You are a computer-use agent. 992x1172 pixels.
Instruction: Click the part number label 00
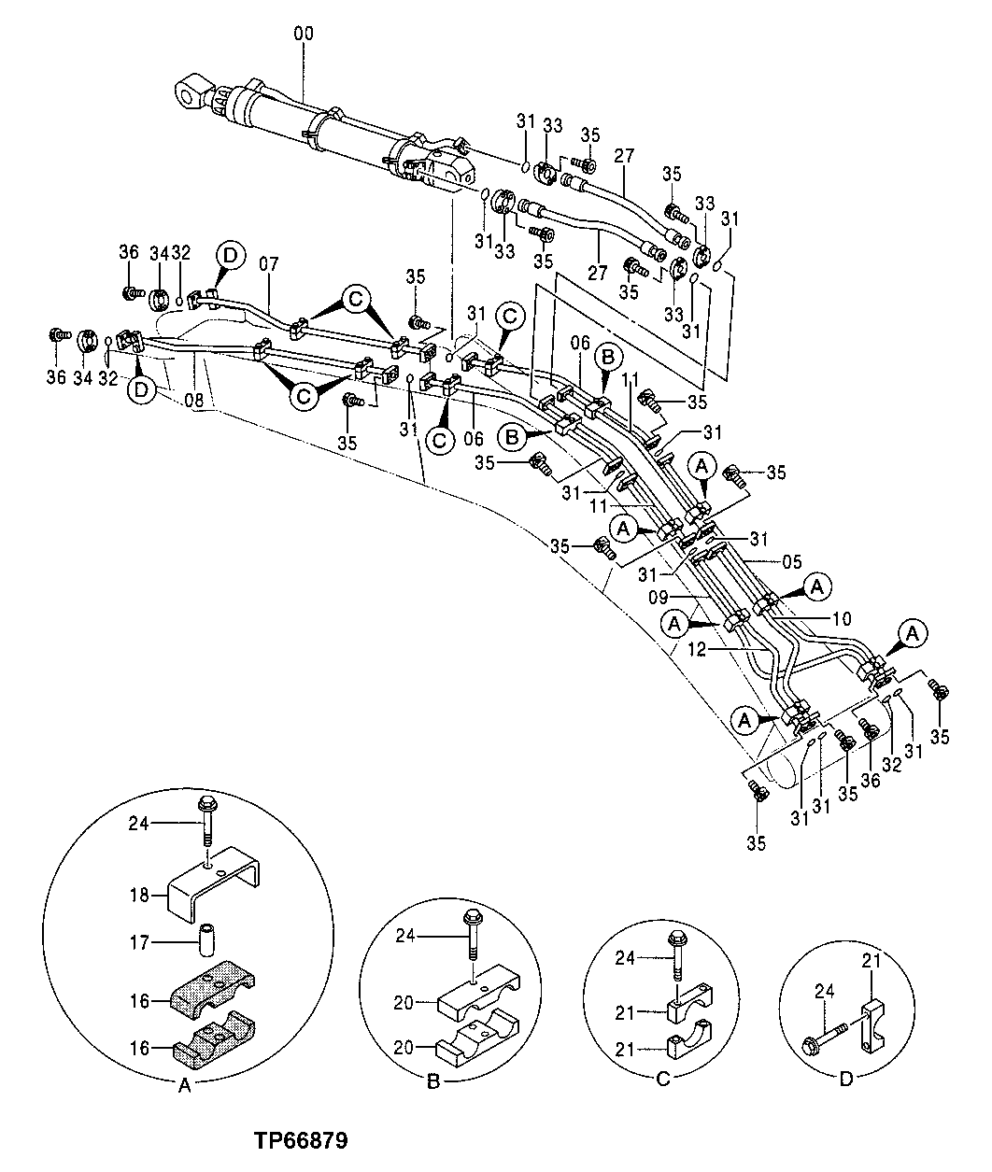click(x=304, y=35)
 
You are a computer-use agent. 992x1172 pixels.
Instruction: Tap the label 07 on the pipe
click(x=269, y=264)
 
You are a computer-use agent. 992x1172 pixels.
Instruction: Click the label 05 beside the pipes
click(x=791, y=563)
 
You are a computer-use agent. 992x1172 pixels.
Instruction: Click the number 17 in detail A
click(x=139, y=943)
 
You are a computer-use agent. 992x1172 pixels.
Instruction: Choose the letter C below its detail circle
click(x=661, y=1080)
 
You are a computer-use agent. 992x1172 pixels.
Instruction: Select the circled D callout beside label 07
click(x=230, y=254)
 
